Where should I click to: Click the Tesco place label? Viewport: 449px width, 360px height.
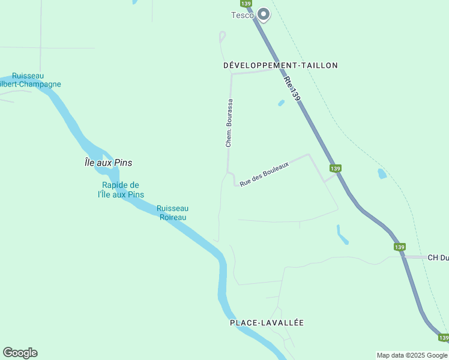pos(243,15)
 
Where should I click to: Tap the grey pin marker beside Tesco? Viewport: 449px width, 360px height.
pos(264,14)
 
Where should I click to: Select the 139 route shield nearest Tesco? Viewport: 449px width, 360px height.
pos(253,3)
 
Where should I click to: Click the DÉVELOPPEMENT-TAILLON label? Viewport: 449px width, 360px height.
pos(280,65)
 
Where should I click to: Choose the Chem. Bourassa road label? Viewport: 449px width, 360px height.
pos(229,124)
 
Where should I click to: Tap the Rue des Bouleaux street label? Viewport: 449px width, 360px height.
pos(264,174)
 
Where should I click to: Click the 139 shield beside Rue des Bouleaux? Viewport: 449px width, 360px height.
pos(335,168)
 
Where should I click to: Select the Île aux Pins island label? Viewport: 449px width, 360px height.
pos(108,163)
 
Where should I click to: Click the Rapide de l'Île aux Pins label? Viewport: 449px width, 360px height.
pos(121,190)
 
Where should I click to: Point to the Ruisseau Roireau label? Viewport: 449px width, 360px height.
pos(172,212)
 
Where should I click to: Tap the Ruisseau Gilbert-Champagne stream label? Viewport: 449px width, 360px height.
pos(36,80)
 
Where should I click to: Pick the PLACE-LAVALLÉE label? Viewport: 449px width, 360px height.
pos(267,323)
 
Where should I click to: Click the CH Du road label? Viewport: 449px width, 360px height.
pos(438,257)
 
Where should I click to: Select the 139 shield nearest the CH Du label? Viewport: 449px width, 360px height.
pos(400,247)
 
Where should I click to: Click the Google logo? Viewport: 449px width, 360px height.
pos(20,353)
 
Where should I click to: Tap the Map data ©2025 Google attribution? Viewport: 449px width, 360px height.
pos(412,356)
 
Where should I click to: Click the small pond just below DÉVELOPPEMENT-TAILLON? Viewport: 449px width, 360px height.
pos(281,103)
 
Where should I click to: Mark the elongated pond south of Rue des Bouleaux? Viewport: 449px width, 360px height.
pos(342,235)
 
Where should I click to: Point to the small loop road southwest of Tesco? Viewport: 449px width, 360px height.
pos(222,37)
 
